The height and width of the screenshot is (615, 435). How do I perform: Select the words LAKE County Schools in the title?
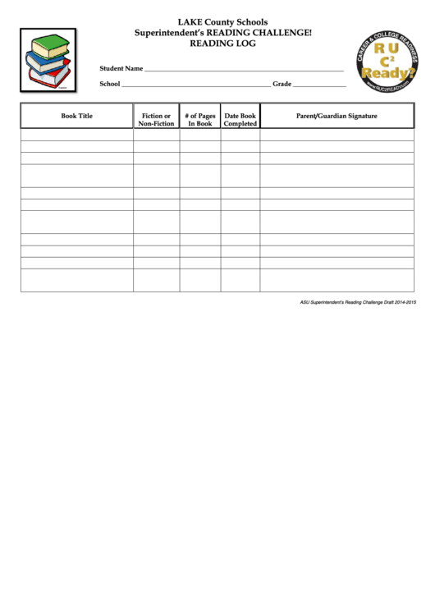coord(222,22)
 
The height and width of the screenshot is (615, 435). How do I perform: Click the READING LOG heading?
coord(222,44)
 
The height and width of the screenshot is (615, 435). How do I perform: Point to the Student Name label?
coord(121,69)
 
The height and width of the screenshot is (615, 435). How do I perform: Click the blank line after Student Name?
coord(244,71)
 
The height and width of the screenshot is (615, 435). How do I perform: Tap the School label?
coord(110,84)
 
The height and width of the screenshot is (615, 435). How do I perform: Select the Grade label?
coord(282,84)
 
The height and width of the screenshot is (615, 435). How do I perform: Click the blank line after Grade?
coord(319,85)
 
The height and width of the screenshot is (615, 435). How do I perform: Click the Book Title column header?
coord(77,117)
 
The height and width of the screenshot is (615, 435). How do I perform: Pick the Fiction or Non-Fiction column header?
coord(156,120)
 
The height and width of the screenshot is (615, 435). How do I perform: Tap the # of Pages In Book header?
coord(200,120)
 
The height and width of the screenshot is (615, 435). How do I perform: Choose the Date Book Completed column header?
coord(240,120)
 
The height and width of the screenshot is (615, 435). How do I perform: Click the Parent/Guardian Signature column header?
coord(337,117)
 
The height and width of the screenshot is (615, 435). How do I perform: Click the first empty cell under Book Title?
coord(77,135)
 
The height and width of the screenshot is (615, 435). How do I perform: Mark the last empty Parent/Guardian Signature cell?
coord(337,280)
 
